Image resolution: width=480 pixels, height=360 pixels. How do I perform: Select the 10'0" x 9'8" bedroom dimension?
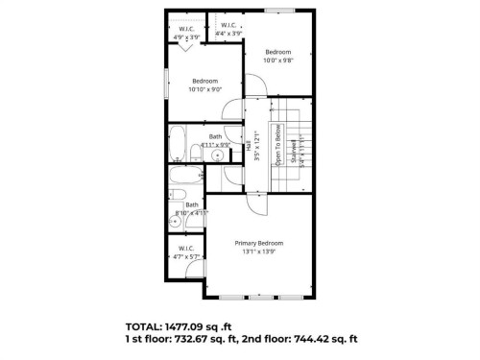point(278,60)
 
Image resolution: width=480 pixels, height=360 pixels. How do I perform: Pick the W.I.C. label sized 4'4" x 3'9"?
point(228,25)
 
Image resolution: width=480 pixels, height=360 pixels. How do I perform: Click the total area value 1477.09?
point(204,324)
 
